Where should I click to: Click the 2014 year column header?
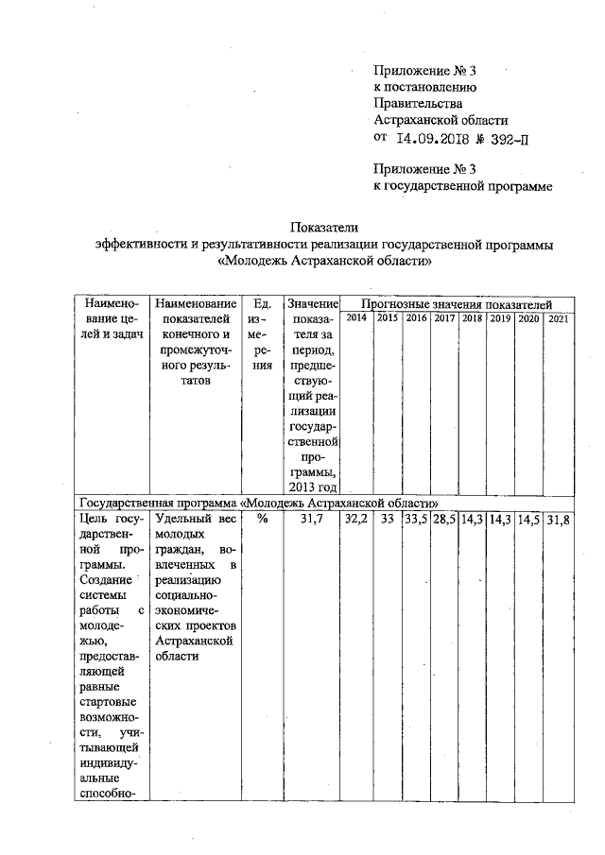(356, 318)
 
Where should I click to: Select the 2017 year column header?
(444, 318)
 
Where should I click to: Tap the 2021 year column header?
(558, 318)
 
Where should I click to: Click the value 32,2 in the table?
(356, 519)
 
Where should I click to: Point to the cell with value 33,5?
(416, 519)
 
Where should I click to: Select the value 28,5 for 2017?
(444, 519)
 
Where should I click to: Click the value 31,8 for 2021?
(558, 519)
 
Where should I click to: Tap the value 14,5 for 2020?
(528, 519)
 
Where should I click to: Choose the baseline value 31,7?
(312, 519)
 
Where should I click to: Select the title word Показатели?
(324, 227)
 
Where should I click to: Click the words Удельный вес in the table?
(196, 519)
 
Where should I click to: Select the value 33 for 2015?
(386, 519)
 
